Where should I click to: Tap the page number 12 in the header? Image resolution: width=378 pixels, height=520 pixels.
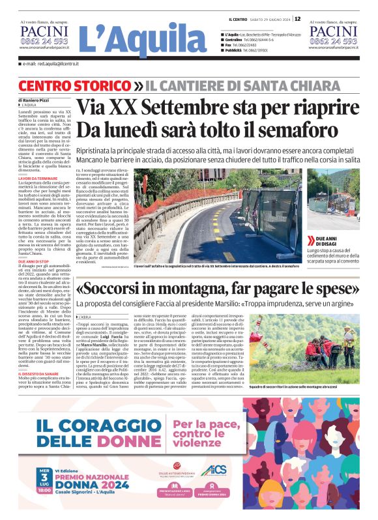pos(297,19)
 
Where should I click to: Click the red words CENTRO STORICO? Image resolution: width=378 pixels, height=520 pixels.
pos(68,87)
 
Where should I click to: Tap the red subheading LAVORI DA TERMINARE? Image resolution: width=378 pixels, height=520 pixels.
pos(38,178)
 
